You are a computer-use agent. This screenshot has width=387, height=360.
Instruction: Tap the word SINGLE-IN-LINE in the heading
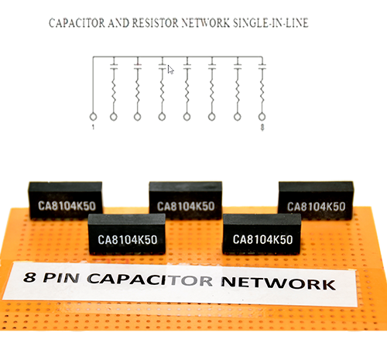point(271,23)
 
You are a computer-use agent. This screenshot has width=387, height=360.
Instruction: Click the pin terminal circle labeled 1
point(93,117)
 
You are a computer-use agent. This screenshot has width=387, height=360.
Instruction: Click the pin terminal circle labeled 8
point(262,117)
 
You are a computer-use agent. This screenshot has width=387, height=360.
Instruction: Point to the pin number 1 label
point(93,127)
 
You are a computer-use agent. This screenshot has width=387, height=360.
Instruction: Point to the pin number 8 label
point(262,127)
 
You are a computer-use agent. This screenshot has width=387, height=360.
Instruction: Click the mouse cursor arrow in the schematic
point(170,70)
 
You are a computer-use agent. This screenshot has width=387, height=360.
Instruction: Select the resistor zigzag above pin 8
point(262,92)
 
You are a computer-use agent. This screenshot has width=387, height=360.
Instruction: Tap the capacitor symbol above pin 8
point(262,67)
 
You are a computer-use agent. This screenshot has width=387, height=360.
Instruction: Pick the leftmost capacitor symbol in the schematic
point(114,67)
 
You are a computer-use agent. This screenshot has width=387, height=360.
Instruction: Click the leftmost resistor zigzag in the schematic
point(114,92)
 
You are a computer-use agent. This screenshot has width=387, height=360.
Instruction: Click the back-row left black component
point(66,201)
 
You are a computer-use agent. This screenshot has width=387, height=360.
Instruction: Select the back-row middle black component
point(186,201)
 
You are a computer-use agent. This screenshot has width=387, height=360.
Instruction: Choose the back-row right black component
point(316,201)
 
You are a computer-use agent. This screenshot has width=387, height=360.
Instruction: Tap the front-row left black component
point(127,234)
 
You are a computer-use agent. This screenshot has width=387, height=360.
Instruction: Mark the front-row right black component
point(262,234)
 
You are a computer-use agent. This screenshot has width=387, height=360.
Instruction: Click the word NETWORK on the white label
point(279,283)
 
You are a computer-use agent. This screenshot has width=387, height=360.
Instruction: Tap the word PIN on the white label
point(61,278)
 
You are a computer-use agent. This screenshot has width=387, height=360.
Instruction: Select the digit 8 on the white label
point(29,277)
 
